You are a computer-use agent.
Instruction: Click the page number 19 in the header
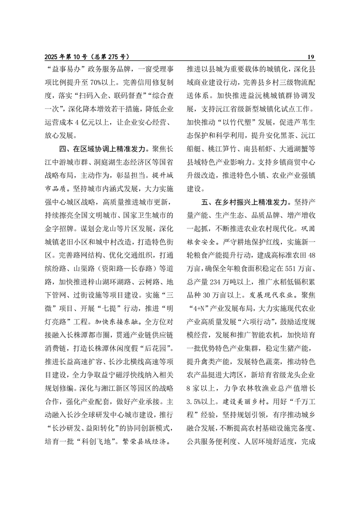311,57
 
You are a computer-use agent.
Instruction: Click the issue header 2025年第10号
68,57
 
